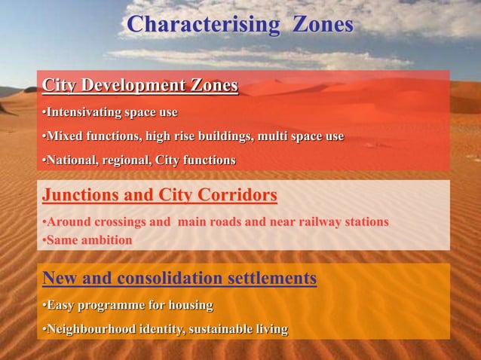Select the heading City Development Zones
pos(140,86)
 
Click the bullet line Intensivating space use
pos(110,113)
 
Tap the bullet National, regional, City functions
pos(139,160)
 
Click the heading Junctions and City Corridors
pos(160,197)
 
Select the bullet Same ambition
pos(87,240)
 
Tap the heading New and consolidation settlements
pos(179,279)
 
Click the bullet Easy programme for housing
pos(127,306)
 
